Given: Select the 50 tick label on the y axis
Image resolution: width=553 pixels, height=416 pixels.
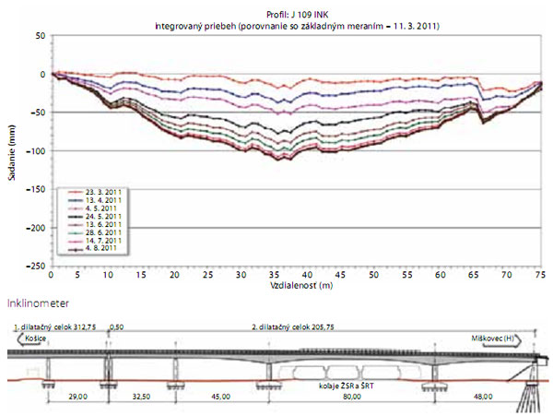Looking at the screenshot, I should pos(40,35).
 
